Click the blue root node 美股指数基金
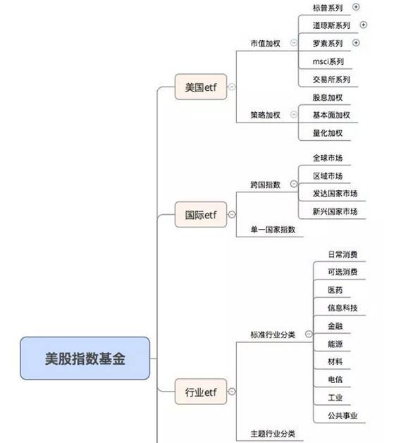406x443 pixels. (85, 358)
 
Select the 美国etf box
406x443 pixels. (201, 87)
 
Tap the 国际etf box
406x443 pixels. (201, 214)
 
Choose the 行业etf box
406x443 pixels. (201, 392)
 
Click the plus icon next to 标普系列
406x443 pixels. (356, 7)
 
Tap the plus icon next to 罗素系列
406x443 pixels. (356, 43)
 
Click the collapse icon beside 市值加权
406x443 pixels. (294, 43)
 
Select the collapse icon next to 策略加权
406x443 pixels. (294, 114)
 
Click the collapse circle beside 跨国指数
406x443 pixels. (294, 185)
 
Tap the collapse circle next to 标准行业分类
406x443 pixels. (309, 335)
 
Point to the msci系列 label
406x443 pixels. (328, 61)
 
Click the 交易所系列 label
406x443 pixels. (331, 80)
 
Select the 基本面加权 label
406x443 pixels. (331, 115)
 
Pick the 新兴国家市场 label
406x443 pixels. (335, 211)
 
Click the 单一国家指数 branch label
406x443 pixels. (273, 230)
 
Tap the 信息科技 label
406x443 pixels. (343, 308)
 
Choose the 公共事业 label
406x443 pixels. (343, 416)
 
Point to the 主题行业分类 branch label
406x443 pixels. (273, 434)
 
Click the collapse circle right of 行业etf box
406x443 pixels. (232, 392)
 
